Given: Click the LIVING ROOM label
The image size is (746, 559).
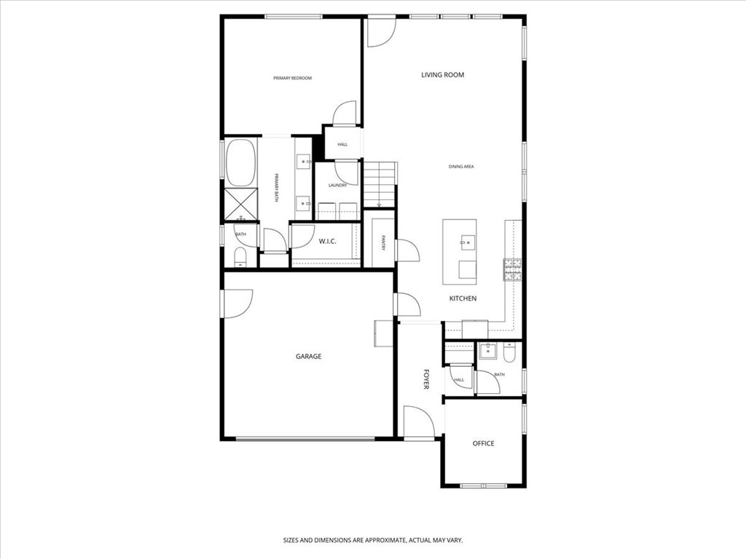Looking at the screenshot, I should click(x=442, y=75).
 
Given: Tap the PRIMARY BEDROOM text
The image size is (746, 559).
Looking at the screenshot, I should click(x=292, y=78).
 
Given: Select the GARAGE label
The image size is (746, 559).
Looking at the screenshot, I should click(x=308, y=357).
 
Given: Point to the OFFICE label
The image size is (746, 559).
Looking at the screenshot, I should click(x=483, y=443).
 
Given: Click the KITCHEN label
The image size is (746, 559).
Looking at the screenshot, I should click(x=463, y=298).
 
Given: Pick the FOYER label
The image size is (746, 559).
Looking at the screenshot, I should click(x=426, y=379).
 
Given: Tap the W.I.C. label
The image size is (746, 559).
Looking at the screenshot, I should click(x=327, y=242).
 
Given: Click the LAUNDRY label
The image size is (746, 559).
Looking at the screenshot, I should click(x=337, y=186).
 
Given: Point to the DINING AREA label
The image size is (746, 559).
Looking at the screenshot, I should click(x=461, y=167).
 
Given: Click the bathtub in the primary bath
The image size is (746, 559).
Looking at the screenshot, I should click(x=240, y=162).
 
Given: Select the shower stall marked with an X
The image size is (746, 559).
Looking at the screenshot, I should click(x=240, y=204).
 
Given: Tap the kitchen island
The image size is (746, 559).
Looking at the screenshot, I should click(x=460, y=252).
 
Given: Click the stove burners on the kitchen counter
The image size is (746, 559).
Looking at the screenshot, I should click(x=512, y=270).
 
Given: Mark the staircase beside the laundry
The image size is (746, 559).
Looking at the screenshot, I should click(x=380, y=185).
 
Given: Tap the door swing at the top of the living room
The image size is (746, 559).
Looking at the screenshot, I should click(x=380, y=31).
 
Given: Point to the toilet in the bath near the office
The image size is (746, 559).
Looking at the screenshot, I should click(x=509, y=353).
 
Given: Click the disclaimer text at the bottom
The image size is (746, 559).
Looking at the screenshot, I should click(x=372, y=540).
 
